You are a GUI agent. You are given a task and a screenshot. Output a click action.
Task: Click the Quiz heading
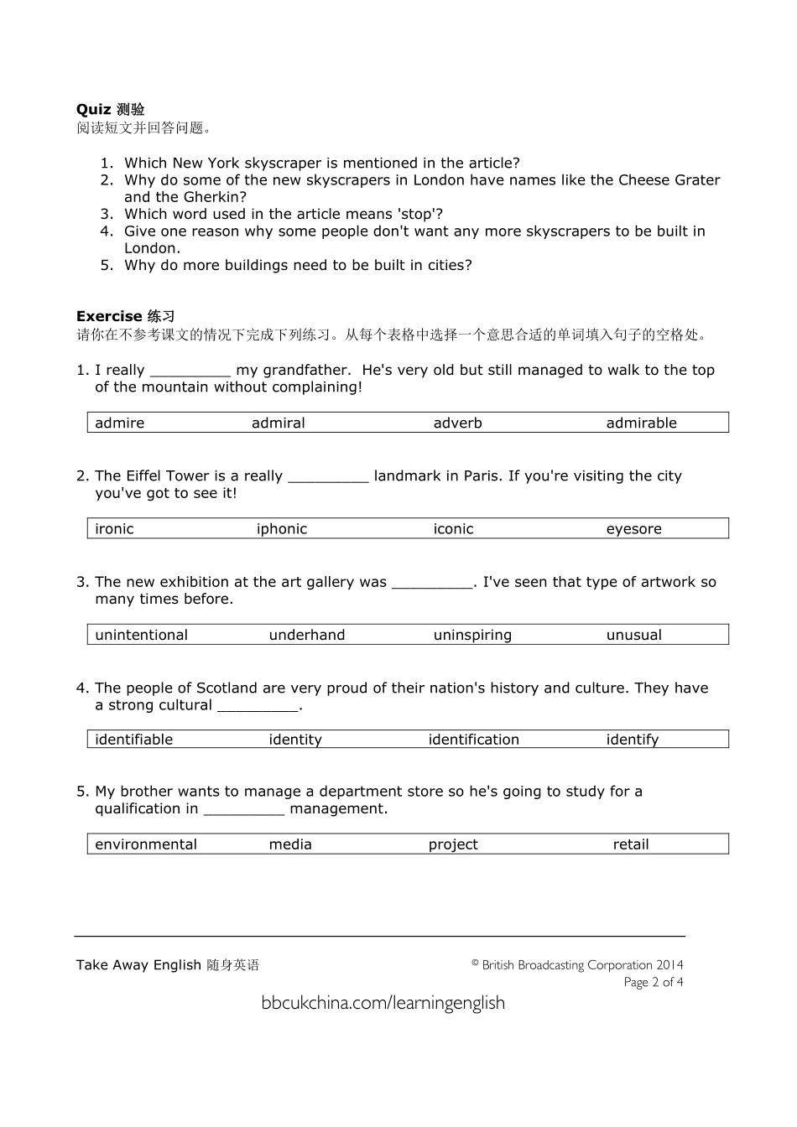(x=110, y=109)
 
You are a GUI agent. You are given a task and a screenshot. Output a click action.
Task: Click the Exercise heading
(x=125, y=316)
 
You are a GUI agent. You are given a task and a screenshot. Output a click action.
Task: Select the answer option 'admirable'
(x=641, y=423)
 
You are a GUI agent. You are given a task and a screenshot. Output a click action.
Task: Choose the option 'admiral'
(x=278, y=423)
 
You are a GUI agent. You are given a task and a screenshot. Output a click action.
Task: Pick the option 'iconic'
(x=453, y=529)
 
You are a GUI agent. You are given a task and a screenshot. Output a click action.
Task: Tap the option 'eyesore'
(x=633, y=529)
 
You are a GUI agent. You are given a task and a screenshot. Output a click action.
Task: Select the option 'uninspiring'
(x=472, y=635)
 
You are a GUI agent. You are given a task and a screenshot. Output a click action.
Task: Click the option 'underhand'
(x=306, y=635)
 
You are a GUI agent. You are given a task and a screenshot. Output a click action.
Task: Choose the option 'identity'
(x=295, y=740)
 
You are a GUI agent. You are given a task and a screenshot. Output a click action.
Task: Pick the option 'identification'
(x=473, y=740)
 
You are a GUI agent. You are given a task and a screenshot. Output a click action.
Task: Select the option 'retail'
(x=631, y=844)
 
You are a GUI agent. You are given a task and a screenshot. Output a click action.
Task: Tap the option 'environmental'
(x=146, y=844)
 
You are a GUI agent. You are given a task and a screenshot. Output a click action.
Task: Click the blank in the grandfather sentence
(x=190, y=371)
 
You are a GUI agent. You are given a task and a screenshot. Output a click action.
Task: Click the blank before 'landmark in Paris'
(x=328, y=477)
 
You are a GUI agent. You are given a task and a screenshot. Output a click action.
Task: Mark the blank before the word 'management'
(x=244, y=810)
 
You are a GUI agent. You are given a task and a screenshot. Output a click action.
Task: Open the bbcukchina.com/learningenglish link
(x=383, y=1003)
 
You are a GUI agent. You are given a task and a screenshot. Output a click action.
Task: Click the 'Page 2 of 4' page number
(x=653, y=982)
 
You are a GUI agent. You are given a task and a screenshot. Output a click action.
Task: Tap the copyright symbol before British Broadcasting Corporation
(x=475, y=963)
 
